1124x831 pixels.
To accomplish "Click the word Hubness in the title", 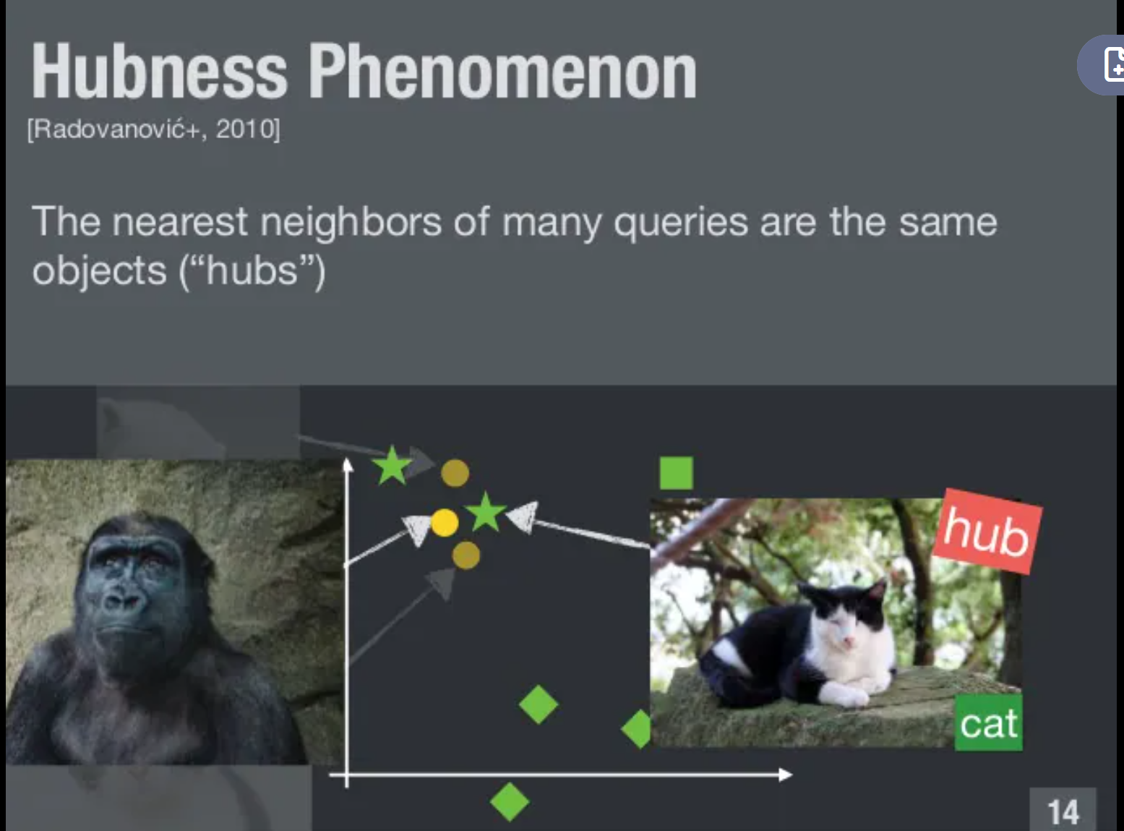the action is click(x=159, y=70).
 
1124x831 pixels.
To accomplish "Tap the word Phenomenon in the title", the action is click(x=502, y=70).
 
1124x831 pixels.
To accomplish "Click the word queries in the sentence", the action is click(x=681, y=223).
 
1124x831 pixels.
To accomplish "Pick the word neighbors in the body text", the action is click(x=351, y=222).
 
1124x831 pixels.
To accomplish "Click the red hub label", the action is click(x=987, y=532).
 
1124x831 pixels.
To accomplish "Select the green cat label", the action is click(x=988, y=723).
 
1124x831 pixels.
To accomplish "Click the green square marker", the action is click(x=677, y=473).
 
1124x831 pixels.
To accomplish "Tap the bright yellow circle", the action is click(x=445, y=523).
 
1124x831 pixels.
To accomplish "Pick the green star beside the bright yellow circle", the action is click(x=486, y=512).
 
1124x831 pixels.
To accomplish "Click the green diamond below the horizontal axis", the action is click(x=510, y=801).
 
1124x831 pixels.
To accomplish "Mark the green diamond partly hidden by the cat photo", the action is click(x=637, y=729).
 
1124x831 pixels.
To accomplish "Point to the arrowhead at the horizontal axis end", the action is click(x=786, y=775).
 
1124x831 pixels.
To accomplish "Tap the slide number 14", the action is click(x=1063, y=812).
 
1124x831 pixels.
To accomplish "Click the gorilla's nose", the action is click(x=121, y=598).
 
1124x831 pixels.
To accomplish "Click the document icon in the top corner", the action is click(x=1114, y=64).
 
